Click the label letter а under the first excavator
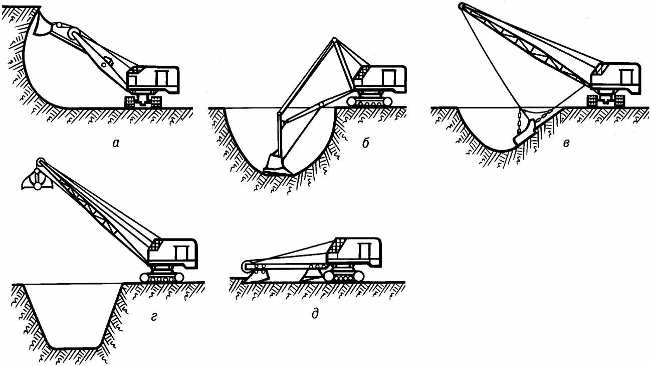(x=116, y=144)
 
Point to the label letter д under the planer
(x=315, y=315)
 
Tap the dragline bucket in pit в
(x=522, y=135)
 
